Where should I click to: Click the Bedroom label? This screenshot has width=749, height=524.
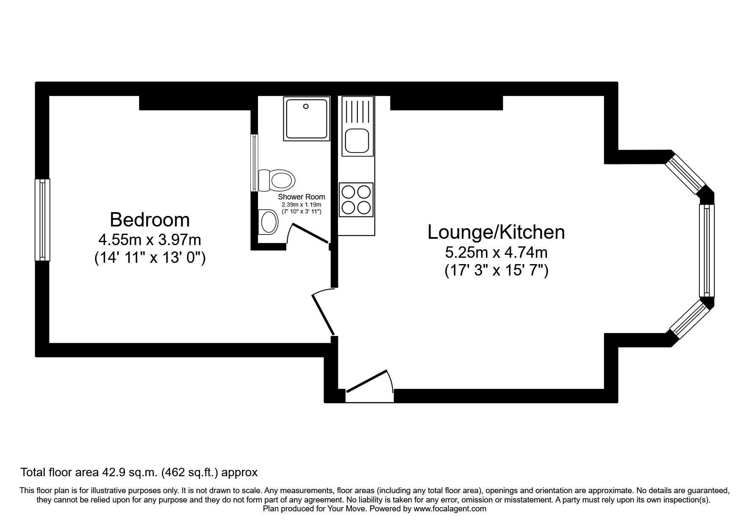[x=150, y=220]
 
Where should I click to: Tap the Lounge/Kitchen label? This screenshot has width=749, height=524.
[x=496, y=232]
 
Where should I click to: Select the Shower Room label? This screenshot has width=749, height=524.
[x=302, y=197]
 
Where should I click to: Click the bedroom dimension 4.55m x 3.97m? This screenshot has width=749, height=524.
[x=150, y=240]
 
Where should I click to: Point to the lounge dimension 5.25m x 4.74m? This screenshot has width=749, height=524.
[x=496, y=253]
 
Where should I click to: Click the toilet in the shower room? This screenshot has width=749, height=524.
[x=276, y=180]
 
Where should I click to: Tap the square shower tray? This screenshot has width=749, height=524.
[x=307, y=118]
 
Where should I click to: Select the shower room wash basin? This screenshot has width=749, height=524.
[x=267, y=221]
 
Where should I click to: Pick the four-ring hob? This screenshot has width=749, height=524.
[x=356, y=199]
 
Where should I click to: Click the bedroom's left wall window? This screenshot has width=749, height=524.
[x=42, y=219]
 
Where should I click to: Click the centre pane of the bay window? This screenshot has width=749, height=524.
[x=706, y=251]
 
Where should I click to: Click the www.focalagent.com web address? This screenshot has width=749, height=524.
[x=450, y=509]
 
